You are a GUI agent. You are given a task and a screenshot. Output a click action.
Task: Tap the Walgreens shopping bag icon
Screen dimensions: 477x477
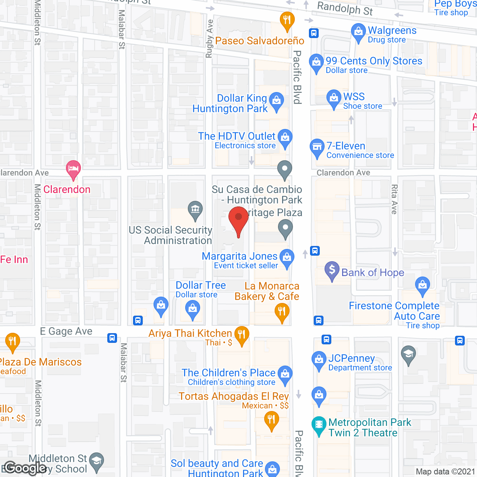tap(358, 32)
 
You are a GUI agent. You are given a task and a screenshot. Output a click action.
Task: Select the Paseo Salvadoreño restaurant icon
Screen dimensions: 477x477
tap(287, 20)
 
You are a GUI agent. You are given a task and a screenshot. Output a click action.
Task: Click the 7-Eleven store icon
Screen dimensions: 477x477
tap(317, 147)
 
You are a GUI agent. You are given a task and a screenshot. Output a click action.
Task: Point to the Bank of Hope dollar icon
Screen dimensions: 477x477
tap(332, 270)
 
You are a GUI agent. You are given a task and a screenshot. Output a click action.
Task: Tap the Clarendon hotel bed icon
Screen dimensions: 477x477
tap(73, 169)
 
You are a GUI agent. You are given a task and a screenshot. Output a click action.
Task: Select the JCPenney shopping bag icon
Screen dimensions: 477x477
tap(319, 360)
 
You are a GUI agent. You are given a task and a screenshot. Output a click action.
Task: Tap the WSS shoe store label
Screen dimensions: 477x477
tap(362, 101)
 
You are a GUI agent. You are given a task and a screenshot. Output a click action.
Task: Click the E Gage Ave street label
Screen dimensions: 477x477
tap(66, 331)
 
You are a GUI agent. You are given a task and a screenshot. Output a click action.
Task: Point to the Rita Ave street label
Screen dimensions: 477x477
tap(394, 199)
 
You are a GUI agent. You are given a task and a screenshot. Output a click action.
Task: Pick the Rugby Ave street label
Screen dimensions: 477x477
tap(209, 39)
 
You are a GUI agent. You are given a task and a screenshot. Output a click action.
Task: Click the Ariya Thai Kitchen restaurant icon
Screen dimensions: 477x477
tap(242, 335)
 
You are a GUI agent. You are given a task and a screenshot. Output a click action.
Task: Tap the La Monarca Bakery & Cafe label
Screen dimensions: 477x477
tap(267, 291)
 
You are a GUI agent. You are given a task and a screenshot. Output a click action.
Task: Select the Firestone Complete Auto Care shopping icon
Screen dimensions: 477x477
tap(422, 285)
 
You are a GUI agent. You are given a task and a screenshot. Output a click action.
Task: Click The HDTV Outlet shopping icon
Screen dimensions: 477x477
tap(285, 138)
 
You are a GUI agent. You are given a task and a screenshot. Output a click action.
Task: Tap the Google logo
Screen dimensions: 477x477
tap(25, 468)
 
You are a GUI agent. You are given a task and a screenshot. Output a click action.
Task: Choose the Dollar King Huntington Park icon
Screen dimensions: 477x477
tap(277, 101)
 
